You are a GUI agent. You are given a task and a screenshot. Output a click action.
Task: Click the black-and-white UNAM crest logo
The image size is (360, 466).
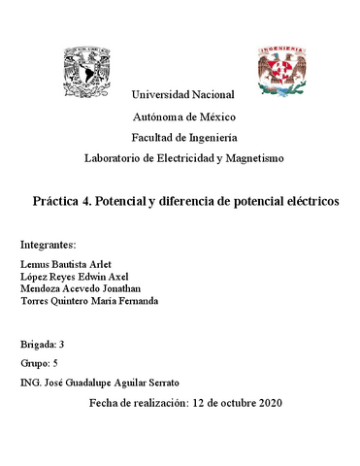pos(88,71)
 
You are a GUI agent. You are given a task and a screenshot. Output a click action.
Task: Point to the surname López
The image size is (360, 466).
pos(33,276)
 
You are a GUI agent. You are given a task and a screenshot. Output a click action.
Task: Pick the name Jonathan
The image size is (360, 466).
pos(120,288)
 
